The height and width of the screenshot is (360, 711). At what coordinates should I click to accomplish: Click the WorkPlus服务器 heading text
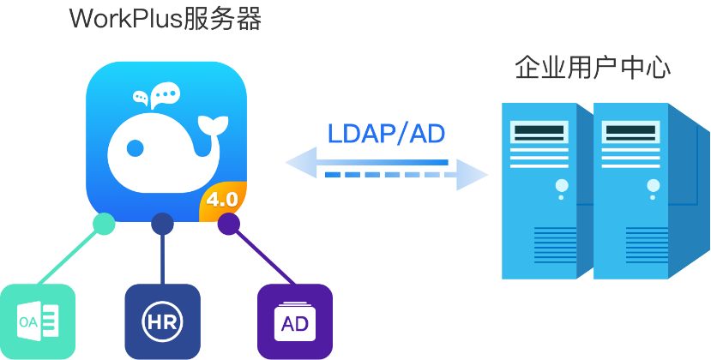point(166,19)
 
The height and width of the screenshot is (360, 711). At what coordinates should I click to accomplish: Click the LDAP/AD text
point(386,134)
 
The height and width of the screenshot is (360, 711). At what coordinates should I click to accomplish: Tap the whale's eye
point(136,147)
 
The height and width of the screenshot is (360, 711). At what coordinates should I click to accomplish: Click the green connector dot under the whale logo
point(104,224)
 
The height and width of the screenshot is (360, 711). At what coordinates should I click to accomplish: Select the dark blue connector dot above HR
point(162,224)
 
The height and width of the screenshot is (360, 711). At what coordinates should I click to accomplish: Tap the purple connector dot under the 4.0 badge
point(228,224)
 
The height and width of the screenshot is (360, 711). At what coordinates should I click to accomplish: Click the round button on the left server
point(561,185)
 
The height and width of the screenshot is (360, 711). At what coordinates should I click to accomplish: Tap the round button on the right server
point(654,185)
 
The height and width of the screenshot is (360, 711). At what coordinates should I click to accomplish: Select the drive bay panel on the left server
point(539,133)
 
